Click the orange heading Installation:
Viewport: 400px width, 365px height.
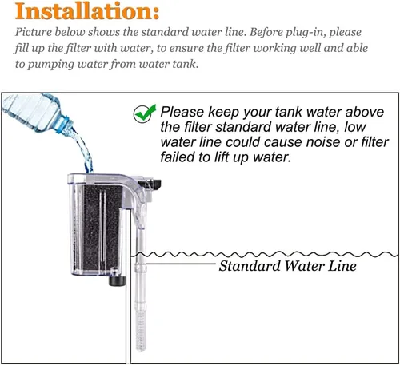pyautogui.click(x=87, y=11)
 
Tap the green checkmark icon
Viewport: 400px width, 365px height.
pyautogui.click(x=144, y=113)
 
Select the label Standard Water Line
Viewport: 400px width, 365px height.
pyautogui.click(x=287, y=266)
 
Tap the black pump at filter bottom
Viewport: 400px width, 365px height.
pyautogui.click(x=117, y=281)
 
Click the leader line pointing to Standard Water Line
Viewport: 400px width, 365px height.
pyautogui.click(x=181, y=264)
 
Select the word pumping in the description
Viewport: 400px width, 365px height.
pyautogui.click(x=50, y=65)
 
